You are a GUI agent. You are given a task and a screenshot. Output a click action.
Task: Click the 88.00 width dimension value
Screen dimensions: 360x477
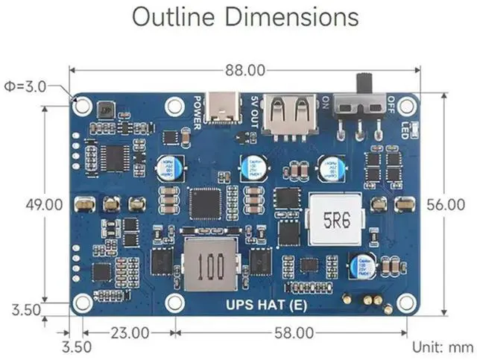244,71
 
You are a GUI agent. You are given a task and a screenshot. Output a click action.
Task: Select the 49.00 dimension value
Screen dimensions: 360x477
42,204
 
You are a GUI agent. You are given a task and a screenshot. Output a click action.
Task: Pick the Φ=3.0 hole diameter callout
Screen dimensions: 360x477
25,86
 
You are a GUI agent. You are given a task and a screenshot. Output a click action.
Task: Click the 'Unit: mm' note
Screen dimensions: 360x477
443,347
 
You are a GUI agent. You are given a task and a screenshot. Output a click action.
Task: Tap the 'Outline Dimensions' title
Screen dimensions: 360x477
244,16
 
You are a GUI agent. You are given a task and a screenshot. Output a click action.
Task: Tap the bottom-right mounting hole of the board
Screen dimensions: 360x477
406,303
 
